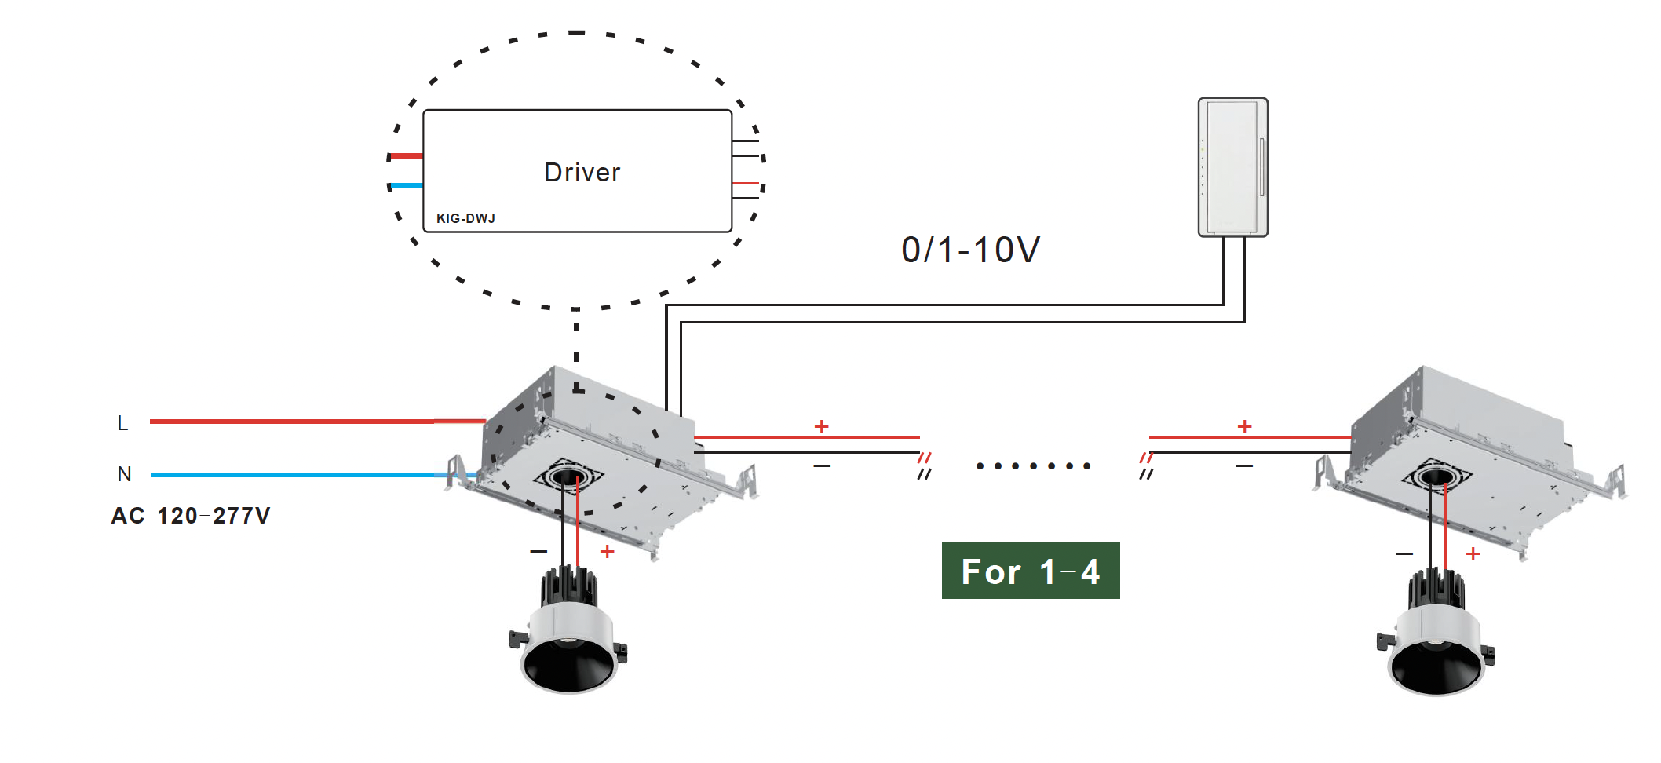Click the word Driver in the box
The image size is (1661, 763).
(582, 173)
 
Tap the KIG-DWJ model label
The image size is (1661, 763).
(465, 218)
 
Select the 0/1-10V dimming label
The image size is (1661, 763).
(970, 250)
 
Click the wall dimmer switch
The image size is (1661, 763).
(1232, 166)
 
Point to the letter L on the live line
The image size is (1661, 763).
(122, 423)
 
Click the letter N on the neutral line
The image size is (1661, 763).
(124, 474)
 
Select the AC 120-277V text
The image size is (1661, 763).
(191, 516)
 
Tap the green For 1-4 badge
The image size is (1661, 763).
(1030, 571)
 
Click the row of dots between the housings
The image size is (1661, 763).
(1033, 466)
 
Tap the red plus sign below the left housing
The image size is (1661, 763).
(607, 552)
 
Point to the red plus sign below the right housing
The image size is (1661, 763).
(1473, 554)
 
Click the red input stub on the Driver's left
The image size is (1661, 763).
(407, 155)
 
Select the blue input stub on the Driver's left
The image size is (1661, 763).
(407, 186)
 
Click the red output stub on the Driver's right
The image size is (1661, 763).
(745, 184)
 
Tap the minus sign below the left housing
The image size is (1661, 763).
(538, 551)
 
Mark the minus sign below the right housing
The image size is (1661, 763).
(1404, 554)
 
